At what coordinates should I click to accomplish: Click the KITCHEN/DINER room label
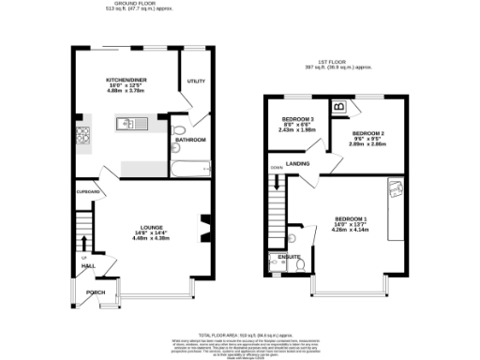click(x=124, y=81)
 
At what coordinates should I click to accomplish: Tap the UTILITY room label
click(x=195, y=82)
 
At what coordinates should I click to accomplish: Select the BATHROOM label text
click(x=191, y=141)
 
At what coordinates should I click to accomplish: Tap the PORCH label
click(x=96, y=292)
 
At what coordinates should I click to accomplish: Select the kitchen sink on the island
click(x=128, y=122)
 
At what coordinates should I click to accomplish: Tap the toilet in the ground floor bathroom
click(x=178, y=130)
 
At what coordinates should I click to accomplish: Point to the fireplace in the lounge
click(x=204, y=228)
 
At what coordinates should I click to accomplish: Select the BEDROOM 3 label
click(x=300, y=119)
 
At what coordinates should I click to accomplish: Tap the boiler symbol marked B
click(x=338, y=108)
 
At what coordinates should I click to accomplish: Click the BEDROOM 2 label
click(x=367, y=134)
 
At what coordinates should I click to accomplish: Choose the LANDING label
click(x=303, y=163)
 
